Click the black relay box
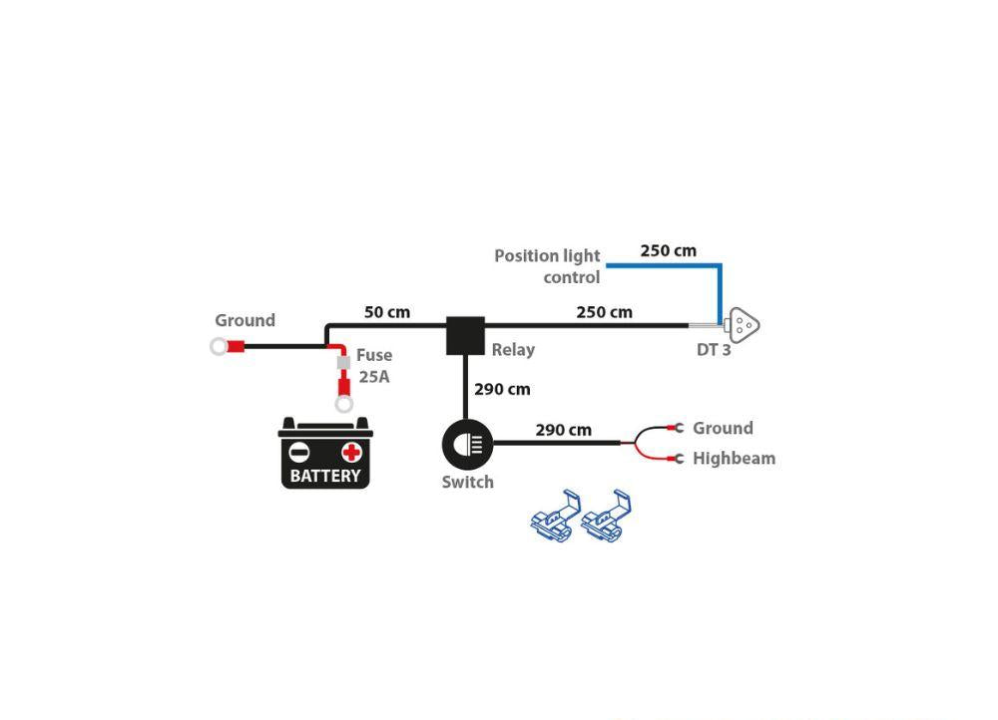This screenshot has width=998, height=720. click(x=465, y=335)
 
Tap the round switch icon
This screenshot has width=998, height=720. click(x=467, y=445)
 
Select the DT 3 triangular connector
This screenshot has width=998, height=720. click(x=743, y=326)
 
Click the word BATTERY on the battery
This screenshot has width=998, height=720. click(x=325, y=476)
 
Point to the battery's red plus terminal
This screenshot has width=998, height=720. click(x=351, y=452)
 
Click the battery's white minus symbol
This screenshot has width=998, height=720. click(x=299, y=452)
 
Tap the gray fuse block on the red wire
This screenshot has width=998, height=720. click(x=343, y=363)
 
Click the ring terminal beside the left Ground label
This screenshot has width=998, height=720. click(x=219, y=347)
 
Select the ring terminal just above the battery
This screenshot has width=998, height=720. click(x=343, y=404)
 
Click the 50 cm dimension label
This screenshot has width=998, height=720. click(x=387, y=312)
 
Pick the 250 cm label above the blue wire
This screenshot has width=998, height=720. click(x=669, y=250)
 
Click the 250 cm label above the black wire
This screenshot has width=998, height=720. click(x=605, y=312)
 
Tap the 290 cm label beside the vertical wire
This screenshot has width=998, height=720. click(x=502, y=389)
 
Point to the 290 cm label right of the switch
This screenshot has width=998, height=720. click(x=563, y=430)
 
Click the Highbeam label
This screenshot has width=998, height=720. click(x=734, y=459)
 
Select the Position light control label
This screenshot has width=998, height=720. click(x=547, y=266)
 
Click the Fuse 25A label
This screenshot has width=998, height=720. click(x=374, y=366)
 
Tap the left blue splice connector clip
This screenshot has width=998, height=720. click(x=556, y=516)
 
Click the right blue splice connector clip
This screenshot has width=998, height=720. click(x=607, y=516)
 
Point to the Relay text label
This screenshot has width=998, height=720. click(x=513, y=350)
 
